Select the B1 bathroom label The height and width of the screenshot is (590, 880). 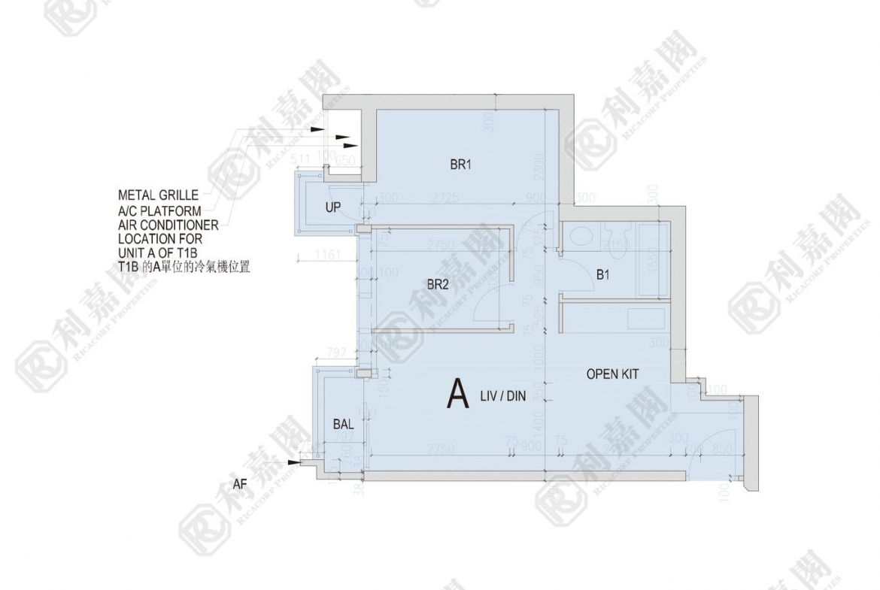pos(602,276)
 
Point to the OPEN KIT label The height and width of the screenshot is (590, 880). pos(613,374)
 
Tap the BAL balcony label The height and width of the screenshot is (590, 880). pos(343,425)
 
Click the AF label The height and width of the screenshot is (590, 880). pos(239,485)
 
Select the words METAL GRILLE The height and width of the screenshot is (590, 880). pos(158,195)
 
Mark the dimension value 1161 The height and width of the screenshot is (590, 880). pos(328,256)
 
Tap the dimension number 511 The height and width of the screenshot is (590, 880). pos(300,157)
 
